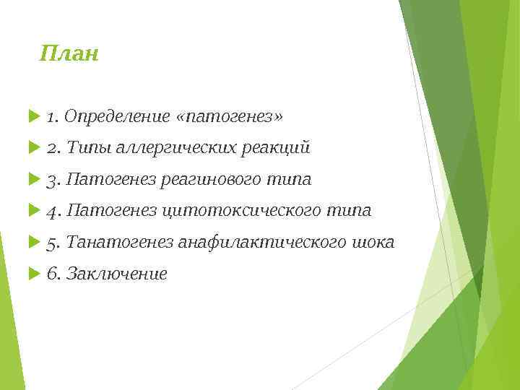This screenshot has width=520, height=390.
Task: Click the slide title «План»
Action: click(69, 53)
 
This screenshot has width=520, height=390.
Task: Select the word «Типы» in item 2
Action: click(89, 148)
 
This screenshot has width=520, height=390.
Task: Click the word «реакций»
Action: click(277, 148)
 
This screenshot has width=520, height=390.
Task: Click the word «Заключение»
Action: click(116, 274)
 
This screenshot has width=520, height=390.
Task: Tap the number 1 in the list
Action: click(51, 116)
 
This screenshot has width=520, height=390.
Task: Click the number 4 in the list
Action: click(52, 211)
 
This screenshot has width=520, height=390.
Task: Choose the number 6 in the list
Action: click(52, 274)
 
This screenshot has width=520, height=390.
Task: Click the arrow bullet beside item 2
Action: click(32, 148)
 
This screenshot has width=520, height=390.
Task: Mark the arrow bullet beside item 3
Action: click(32, 179)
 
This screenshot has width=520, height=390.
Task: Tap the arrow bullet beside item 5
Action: click(32, 243)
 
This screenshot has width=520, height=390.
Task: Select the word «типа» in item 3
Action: click(292, 179)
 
